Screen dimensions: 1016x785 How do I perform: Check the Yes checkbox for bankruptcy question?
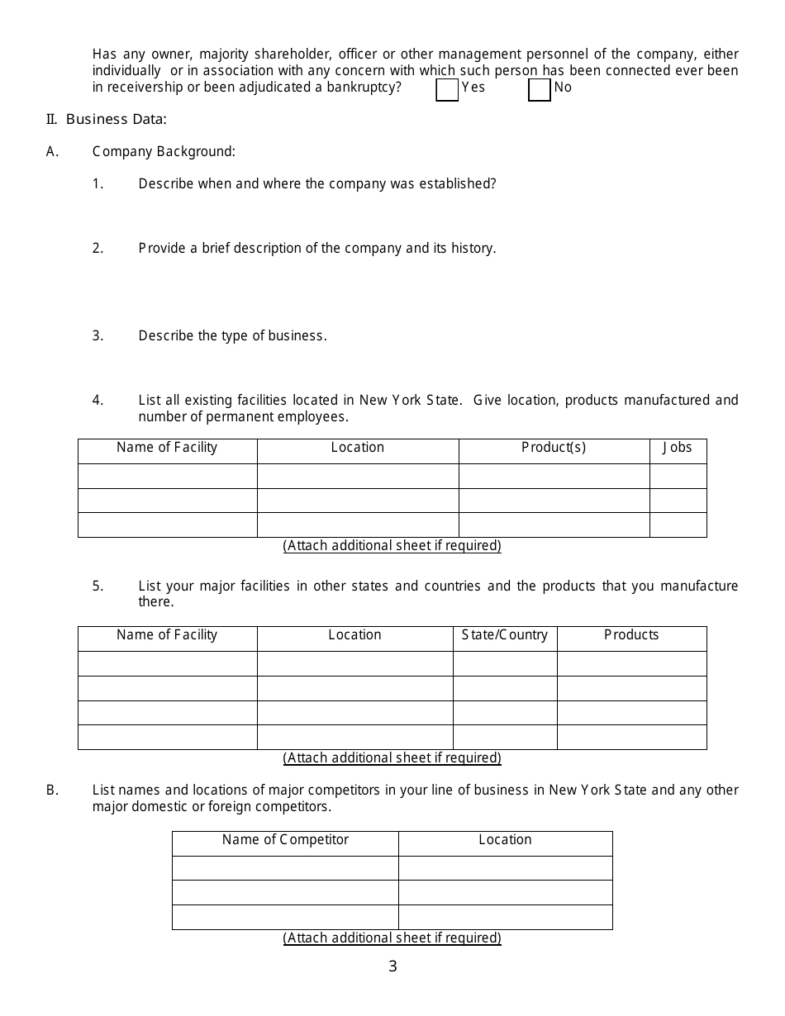(x=447, y=89)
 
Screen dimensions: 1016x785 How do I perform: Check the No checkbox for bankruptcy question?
(x=540, y=89)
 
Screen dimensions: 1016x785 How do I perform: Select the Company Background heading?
(x=164, y=151)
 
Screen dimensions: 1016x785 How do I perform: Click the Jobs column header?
(x=678, y=448)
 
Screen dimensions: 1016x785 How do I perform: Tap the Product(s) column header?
(x=554, y=448)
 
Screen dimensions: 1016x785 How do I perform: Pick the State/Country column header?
(x=504, y=635)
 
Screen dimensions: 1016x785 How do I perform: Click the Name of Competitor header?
(x=285, y=840)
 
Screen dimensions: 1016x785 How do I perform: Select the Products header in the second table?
(x=631, y=635)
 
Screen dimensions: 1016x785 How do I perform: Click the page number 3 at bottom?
(x=392, y=966)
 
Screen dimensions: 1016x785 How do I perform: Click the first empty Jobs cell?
(x=678, y=476)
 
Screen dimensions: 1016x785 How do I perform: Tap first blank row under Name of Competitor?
(x=285, y=868)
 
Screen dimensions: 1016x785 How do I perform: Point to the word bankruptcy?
(x=365, y=87)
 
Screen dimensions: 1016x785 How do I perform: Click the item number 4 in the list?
(x=98, y=401)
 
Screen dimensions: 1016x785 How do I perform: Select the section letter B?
(x=51, y=790)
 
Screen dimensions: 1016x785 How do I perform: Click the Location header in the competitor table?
(x=505, y=840)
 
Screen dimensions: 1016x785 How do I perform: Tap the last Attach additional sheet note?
(x=392, y=938)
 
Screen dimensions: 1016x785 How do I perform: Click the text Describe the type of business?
(x=232, y=336)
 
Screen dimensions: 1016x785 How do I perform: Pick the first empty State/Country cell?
(x=504, y=663)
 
